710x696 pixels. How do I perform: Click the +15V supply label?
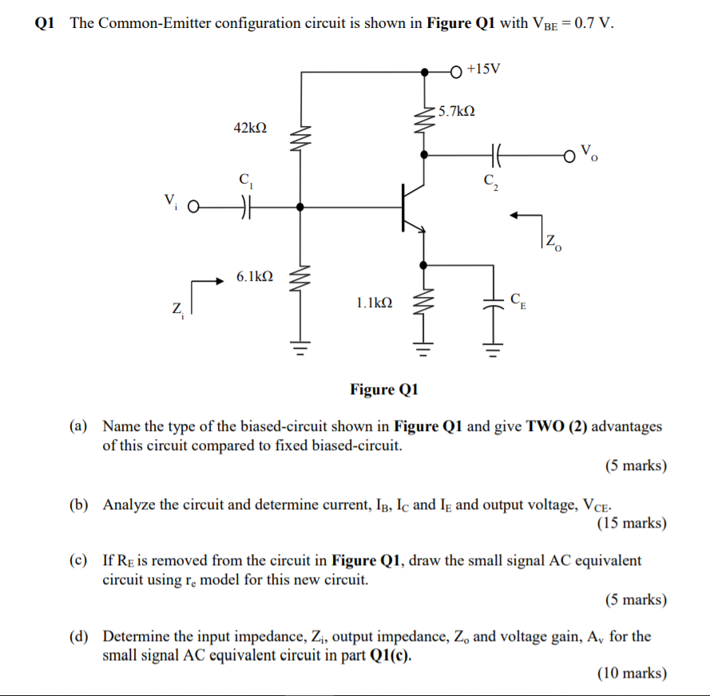(484, 69)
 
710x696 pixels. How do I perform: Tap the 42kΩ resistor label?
(250, 128)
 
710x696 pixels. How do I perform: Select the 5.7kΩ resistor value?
(457, 112)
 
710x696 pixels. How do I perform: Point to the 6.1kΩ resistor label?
(255, 276)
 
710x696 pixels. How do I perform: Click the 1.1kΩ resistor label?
(375, 303)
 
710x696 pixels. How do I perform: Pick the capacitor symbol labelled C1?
(242, 207)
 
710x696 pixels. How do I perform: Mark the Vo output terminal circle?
(569, 154)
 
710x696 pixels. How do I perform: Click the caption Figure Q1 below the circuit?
(384, 390)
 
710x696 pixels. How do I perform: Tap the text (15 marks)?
(631, 524)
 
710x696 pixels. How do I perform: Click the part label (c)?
(78, 560)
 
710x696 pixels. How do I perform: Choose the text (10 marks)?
(631, 673)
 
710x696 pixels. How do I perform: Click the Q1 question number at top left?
(45, 22)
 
